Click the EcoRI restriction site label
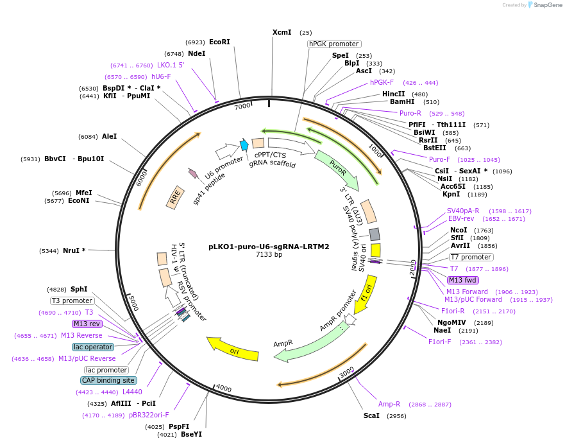pyautogui.click(x=219, y=42)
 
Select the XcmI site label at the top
pyautogui.click(x=282, y=32)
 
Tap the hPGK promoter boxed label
pyautogui.click(x=333, y=44)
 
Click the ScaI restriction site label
pyautogui.click(x=371, y=415)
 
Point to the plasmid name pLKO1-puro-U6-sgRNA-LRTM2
pyautogui.click(x=269, y=246)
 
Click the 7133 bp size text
pyautogui.click(x=269, y=255)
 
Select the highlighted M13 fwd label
pyautogui.click(x=463, y=280)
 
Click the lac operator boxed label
pyautogui.click(x=93, y=347)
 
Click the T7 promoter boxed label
pyautogui.click(x=471, y=257)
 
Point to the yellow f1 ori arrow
pyautogui.click(x=366, y=294)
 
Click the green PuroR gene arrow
pyautogui.click(x=336, y=170)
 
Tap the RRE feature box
pyautogui.click(x=174, y=196)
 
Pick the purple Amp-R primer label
pyautogui.click(x=389, y=404)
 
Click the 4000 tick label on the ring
pyautogui.click(x=224, y=388)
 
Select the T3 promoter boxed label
pyautogui.click(x=72, y=301)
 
